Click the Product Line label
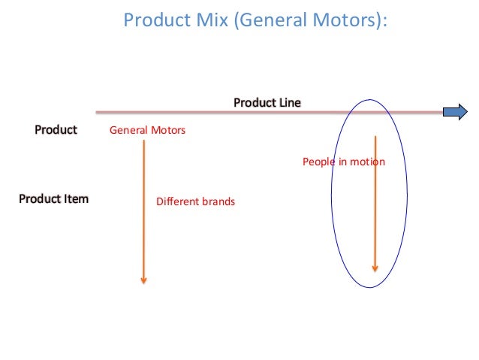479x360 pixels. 267,102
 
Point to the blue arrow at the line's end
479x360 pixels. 454,113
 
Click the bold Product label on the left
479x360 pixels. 56,130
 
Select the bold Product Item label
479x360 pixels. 53,199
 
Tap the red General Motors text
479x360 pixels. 147,131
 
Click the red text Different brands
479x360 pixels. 195,201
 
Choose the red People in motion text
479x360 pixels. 343,162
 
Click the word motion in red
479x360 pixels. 369,162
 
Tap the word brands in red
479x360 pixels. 218,201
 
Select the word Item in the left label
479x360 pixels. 75,199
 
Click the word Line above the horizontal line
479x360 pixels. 289,102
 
